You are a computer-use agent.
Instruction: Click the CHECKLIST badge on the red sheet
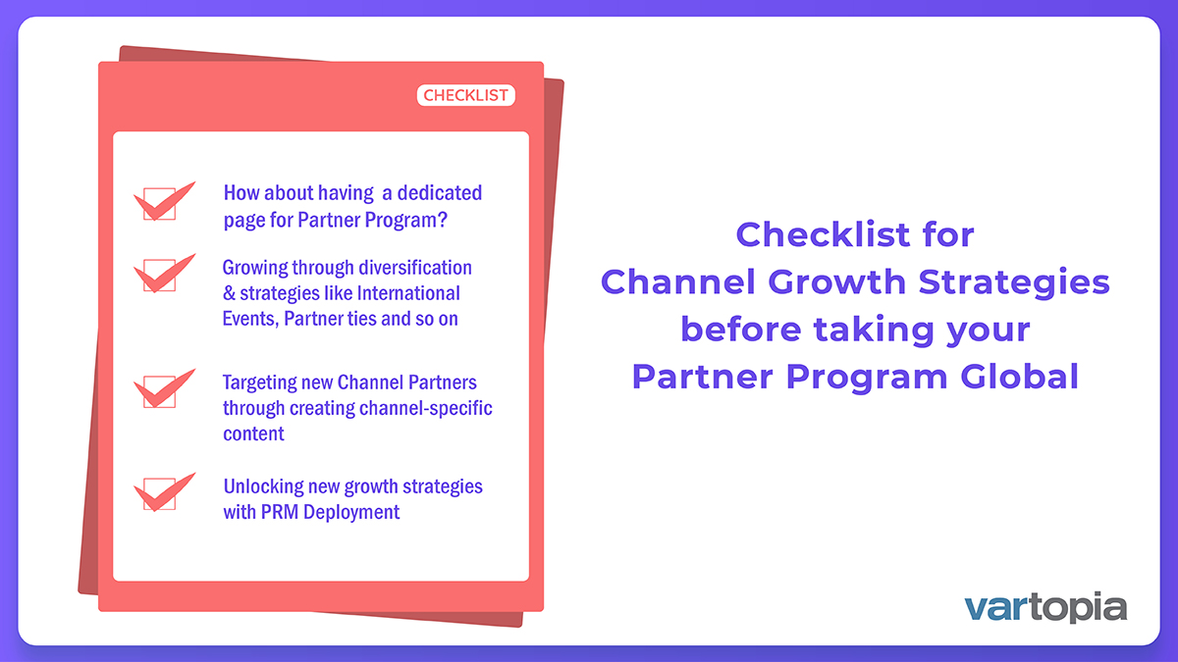tap(466, 95)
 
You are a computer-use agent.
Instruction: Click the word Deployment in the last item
tap(351, 512)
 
